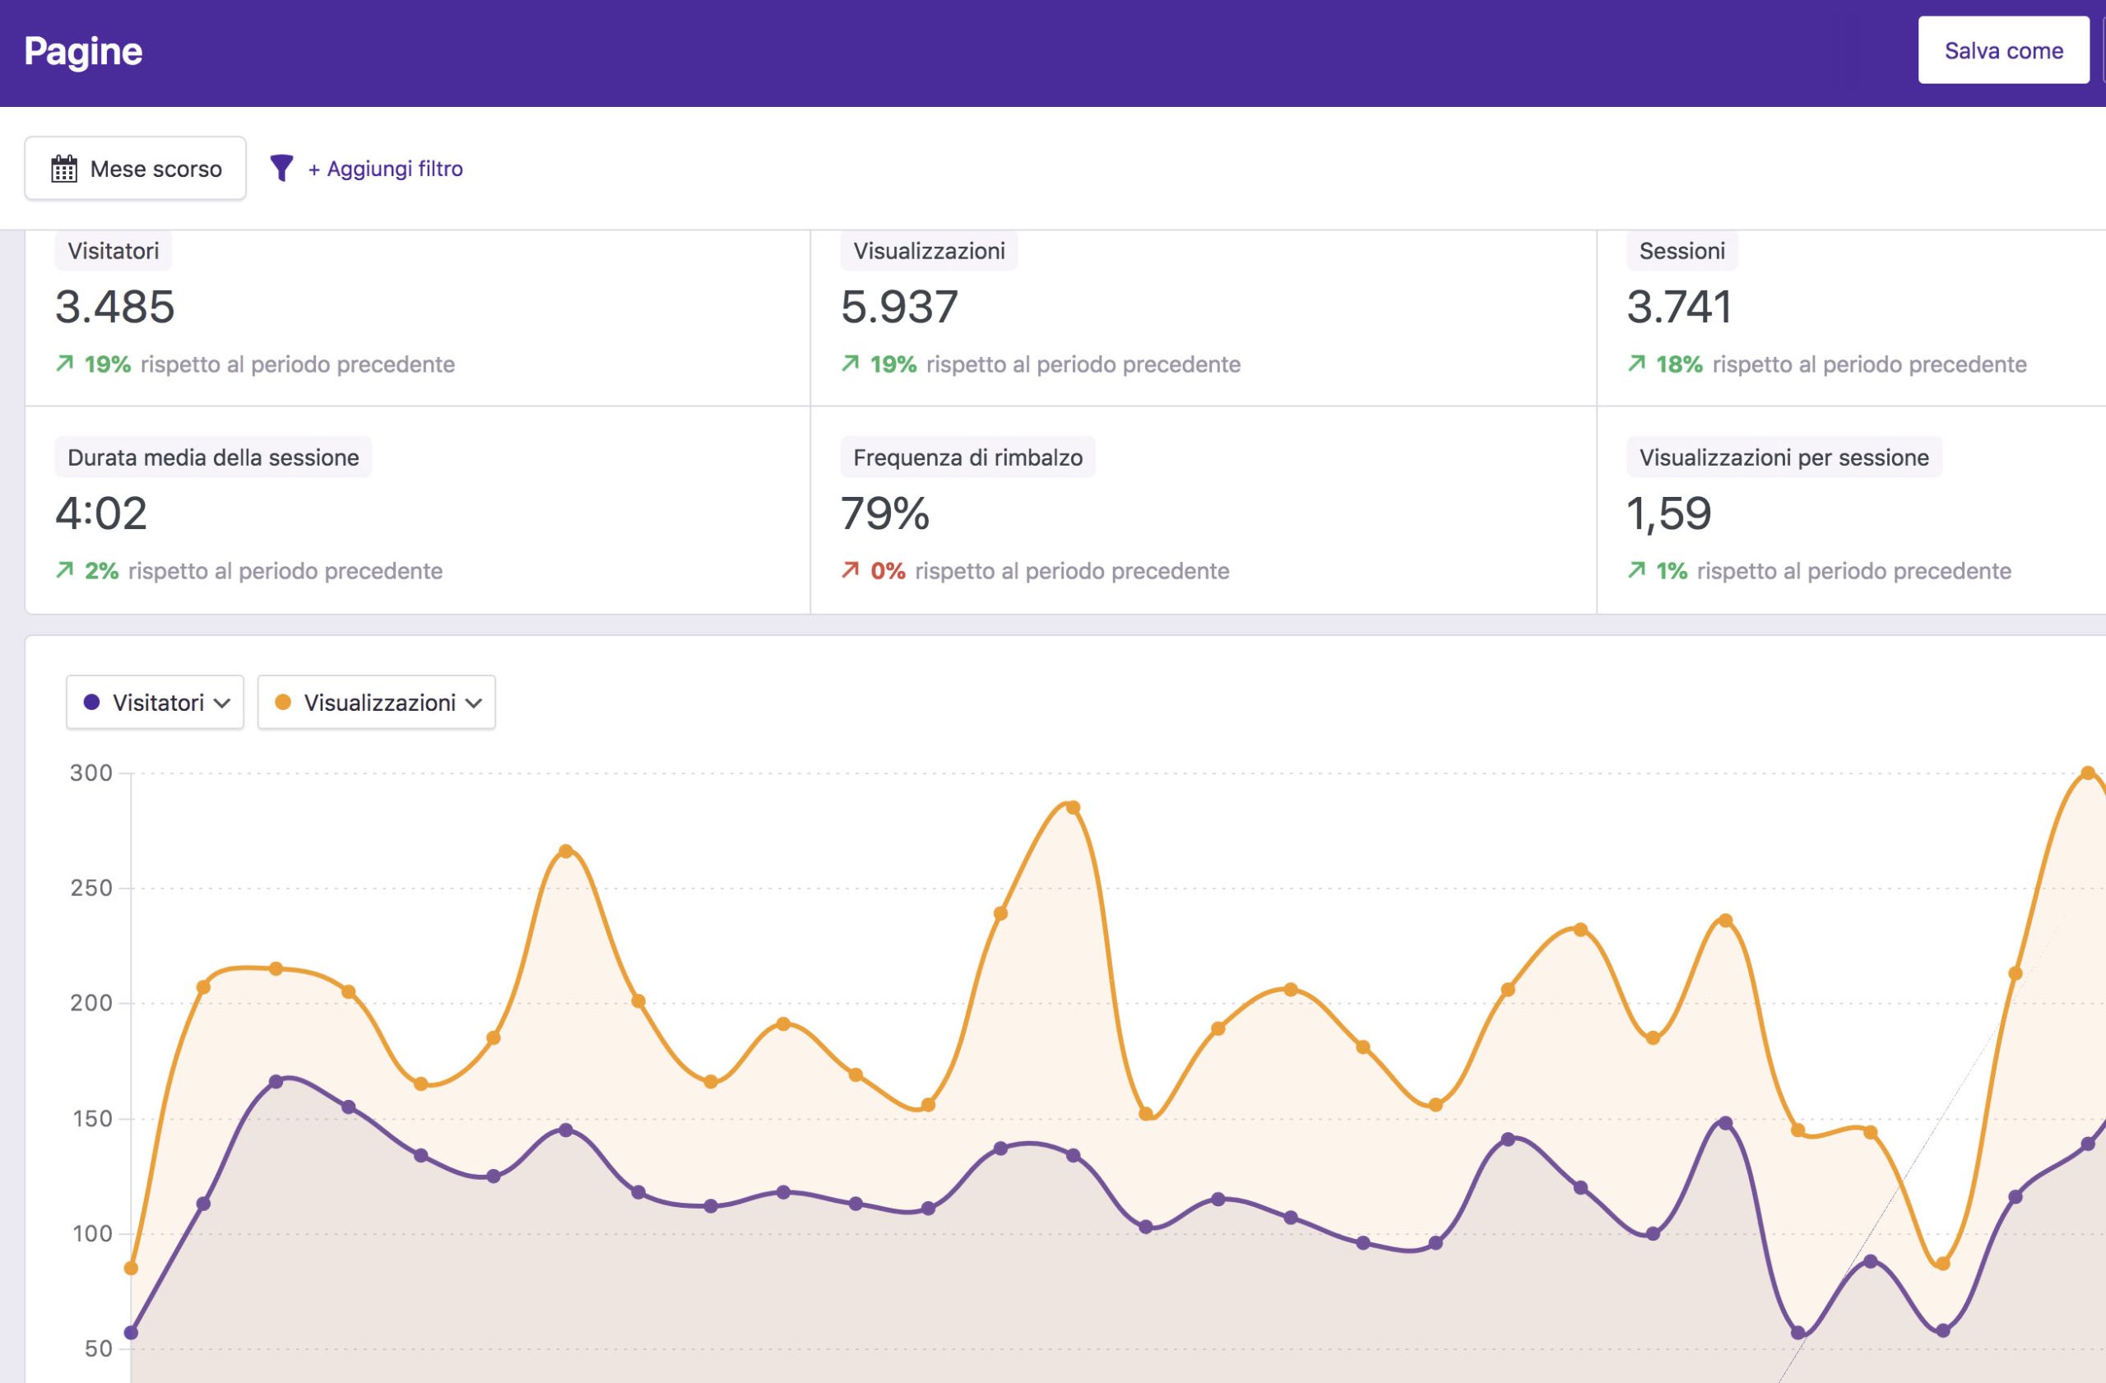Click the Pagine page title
pyautogui.click(x=83, y=51)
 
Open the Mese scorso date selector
pyautogui.click(x=136, y=168)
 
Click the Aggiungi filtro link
pyautogui.click(x=385, y=168)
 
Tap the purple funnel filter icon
pyautogui.click(x=281, y=167)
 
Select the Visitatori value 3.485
pyautogui.click(x=115, y=307)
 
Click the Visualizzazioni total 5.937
pyautogui.click(x=899, y=307)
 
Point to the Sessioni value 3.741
pyautogui.click(x=1678, y=307)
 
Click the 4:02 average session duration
pyautogui.click(x=101, y=513)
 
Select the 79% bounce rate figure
pyautogui.click(x=885, y=513)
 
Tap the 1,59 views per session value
pyautogui.click(x=1669, y=513)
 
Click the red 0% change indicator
pyautogui.click(x=887, y=571)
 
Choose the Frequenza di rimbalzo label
pyautogui.click(x=967, y=457)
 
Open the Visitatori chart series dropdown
pyautogui.click(x=155, y=703)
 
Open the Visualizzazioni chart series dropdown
pyautogui.click(x=376, y=703)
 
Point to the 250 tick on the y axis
pyautogui.click(x=91, y=888)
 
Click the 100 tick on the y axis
pyautogui.click(x=91, y=1233)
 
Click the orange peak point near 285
pyautogui.click(x=1073, y=807)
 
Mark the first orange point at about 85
pyautogui.click(x=131, y=1268)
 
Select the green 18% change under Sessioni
pyautogui.click(x=1678, y=364)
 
